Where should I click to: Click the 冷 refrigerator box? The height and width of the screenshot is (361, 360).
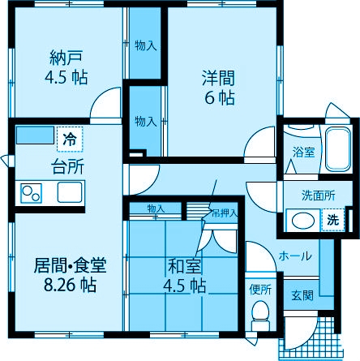(71, 139)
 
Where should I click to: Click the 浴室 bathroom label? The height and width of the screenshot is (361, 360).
(305, 152)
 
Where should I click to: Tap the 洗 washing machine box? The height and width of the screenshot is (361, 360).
(333, 219)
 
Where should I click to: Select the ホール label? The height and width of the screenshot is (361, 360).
(294, 256)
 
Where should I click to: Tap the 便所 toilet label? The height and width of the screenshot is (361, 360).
(260, 289)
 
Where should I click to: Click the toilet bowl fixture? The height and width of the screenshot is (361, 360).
(260, 313)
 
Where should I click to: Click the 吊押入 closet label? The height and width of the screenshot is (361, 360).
(224, 213)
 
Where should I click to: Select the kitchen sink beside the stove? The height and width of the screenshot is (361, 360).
(68, 193)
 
